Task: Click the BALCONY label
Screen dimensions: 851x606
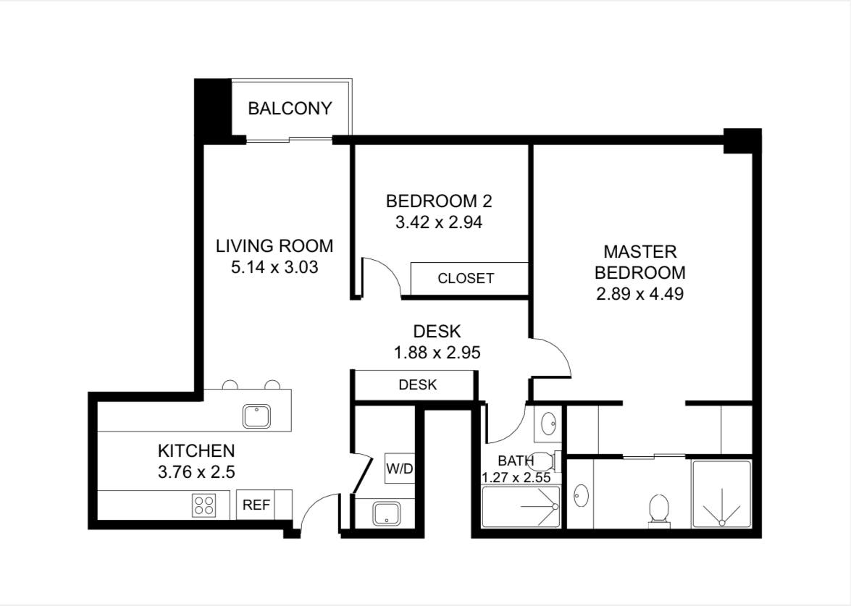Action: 290,109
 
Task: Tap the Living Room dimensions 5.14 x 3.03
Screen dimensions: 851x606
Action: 274,267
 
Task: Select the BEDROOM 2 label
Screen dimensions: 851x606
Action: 438,201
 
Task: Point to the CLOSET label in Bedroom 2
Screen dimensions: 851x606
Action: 466,278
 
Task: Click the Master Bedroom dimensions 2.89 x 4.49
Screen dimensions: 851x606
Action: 640,293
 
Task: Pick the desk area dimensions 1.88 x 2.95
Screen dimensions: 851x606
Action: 437,353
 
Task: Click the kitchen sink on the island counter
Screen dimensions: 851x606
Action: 256,416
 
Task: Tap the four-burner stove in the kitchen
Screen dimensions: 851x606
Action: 204,505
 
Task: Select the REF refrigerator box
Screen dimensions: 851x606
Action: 256,505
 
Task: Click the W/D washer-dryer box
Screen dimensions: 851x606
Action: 400,468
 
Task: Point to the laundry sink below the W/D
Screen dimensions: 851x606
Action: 387,513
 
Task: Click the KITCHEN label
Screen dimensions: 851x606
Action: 196,451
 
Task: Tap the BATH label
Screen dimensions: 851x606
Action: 516,461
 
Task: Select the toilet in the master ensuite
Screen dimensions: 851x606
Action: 659,510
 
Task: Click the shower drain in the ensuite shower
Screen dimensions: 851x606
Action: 722,523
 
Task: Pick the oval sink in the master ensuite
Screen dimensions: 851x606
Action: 582,495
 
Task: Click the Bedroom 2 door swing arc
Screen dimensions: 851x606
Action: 387,272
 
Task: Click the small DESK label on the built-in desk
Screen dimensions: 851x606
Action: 417,384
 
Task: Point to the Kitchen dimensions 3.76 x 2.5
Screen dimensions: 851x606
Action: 196,472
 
